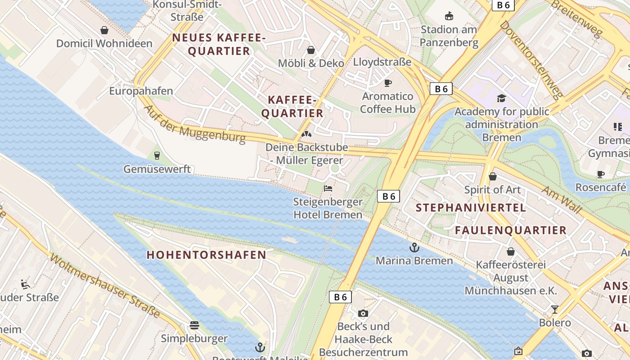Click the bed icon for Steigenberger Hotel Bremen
(328, 188)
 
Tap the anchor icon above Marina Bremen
(414, 247)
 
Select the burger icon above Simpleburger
(194, 325)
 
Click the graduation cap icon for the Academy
(501, 98)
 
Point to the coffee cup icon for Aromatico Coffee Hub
(387, 83)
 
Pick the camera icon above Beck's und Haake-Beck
(363, 313)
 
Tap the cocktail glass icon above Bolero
(554, 309)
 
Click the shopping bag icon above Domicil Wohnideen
(104, 30)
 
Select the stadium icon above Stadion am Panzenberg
(449, 16)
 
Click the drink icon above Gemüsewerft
(157, 156)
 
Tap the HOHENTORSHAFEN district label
(207, 255)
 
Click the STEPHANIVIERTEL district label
(471, 208)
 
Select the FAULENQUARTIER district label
(510, 230)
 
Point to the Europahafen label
(141, 91)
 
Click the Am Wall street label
(561, 199)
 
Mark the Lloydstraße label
(382, 62)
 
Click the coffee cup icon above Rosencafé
(600, 174)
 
